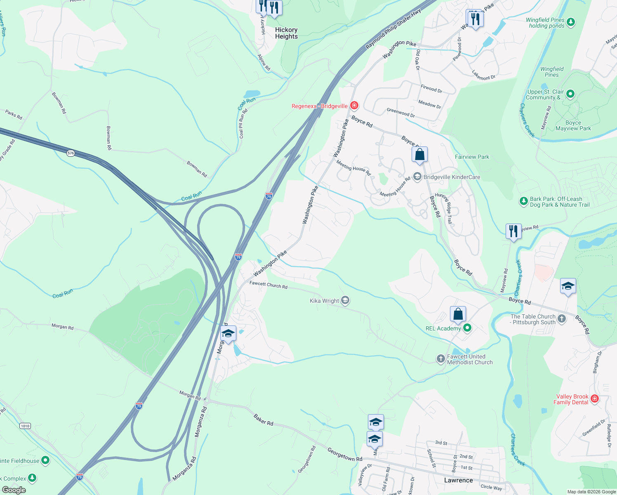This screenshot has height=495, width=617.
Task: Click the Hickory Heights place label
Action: coord(286,33)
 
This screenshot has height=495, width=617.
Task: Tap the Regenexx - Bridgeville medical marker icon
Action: coord(354,106)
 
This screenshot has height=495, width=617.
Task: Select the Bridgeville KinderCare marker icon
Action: coord(417,177)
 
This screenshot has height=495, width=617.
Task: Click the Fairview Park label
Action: coord(472,157)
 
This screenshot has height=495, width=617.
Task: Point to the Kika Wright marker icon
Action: coord(345,300)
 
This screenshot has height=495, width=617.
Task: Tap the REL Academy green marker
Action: coord(467,328)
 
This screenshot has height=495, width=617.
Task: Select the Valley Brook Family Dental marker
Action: coord(594,398)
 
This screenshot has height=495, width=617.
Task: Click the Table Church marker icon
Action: coord(562,318)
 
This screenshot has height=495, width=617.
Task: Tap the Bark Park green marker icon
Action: coord(523,201)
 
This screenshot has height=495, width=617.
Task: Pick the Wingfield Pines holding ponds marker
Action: coord(571,22)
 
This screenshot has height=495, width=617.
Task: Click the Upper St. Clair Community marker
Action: coord(570,94)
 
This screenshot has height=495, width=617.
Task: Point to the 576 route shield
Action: coord(71,153)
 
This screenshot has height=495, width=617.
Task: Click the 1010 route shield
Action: coord(25,426)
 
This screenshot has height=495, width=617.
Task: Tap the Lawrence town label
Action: coord(458,480)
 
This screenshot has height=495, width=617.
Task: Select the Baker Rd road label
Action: coord(263,420)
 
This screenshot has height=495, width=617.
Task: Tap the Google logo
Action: coord(14,490)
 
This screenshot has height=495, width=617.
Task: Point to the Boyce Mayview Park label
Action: coord(573,125)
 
